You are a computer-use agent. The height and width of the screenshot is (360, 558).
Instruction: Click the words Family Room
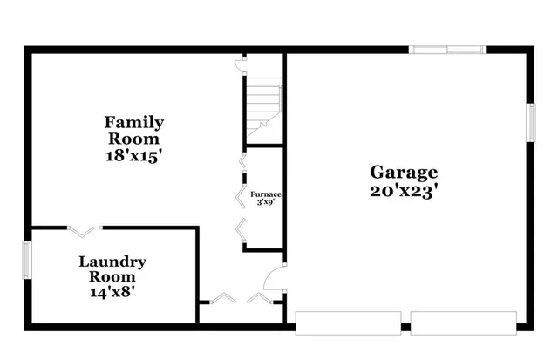pos(133,130)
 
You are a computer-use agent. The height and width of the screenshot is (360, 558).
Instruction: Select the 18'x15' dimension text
pos(133,157)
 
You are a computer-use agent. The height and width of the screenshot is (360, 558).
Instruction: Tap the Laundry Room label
pos(112,268)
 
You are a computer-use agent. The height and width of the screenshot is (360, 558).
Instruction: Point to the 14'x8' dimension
pos(112,293)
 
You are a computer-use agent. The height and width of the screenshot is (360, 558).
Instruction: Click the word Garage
pos(404,172)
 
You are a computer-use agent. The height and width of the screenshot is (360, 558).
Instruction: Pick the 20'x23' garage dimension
pos(404,191)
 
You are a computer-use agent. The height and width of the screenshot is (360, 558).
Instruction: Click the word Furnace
pos(265,194)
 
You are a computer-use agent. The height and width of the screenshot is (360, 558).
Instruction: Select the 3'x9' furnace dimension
pos(265,203)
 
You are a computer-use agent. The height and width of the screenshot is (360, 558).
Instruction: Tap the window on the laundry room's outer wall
pos(26,260)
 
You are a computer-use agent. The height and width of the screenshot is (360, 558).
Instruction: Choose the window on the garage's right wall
pos(529,121)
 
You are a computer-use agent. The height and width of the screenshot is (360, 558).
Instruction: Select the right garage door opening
pos(467,322)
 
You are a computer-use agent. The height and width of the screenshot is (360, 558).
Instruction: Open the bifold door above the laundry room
pos(84,230)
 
